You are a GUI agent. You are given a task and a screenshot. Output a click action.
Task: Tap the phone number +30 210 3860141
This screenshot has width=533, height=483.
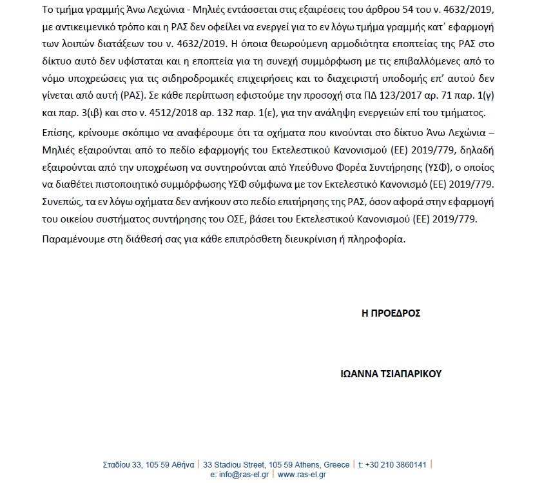(396, 464)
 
